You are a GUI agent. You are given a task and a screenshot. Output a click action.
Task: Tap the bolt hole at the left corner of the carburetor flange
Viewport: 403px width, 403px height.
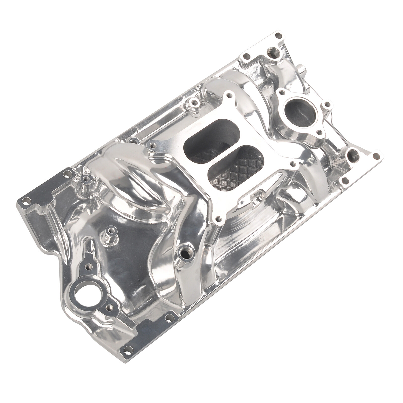tap(152, 145)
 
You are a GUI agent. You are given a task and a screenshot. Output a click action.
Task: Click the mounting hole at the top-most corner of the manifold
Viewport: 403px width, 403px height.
tap(278, 36)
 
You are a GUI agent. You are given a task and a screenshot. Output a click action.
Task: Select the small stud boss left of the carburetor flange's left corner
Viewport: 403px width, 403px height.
tap(86, 178)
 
